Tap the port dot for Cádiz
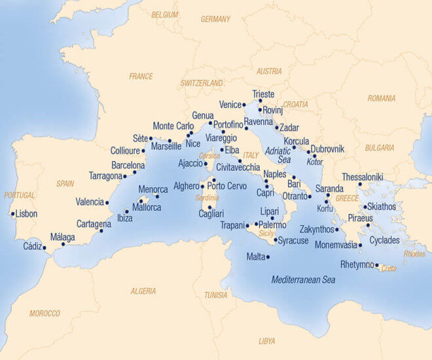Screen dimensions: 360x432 pyautogui.click(x=45, y=248)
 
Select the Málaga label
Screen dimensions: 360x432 pyautogui.click(x=63, y=237)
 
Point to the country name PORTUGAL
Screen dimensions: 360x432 pyautogui.click(x=19, y=195)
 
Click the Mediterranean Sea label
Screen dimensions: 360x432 pyautogui.click(x=303, y=279)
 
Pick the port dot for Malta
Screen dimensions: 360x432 pyautogui.click(x=268, y=257)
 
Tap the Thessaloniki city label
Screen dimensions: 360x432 pyautogui.click(x=362, y=177)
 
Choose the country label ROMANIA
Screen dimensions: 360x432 pyautogui.click(x=382, y=98)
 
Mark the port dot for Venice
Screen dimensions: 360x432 pyautogui.click(x=244, y=105)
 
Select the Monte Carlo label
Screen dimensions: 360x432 pyautogui.click(x=173, y=126)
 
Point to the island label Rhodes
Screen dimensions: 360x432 pyautogui.click(x=414, y=253)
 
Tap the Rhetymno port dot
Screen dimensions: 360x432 pyautogui.click(x=377, y=265)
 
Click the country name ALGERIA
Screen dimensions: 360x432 pyautogui.click(x=143, y=291)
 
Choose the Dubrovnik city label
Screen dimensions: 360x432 pyautogui.click(x=327, y=149)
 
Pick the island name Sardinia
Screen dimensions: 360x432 pyautogui.click(x=207, y=198)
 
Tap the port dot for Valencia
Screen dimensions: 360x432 pyautogui.click(x=107, y=202)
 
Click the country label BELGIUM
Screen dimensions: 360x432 pyautogui.click(x=164, y=14)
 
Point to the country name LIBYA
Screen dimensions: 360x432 pyautogui.click(x=267, y=341)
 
